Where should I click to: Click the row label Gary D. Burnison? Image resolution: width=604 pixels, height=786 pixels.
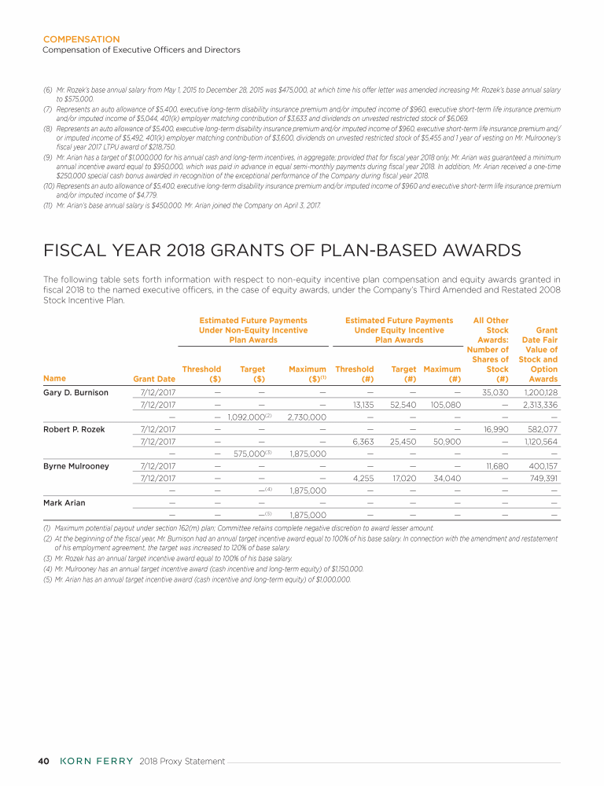pyautogui.click(x=75, y=391)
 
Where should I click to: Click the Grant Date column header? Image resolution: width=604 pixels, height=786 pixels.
pyautogui.click(x=154, y=378)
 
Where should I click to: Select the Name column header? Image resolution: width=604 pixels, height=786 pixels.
pyautogui.click(x=54, y=378)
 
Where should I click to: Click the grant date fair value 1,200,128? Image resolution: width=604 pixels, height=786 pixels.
pyautogui.click(x=540, y=391)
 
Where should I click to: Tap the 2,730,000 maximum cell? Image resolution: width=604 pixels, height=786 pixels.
pyautogui.click(x=308, y=417)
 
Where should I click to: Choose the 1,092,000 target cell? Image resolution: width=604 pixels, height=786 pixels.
pyautogui.click(x=246, y=417)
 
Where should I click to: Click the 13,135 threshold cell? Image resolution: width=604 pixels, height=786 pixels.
pyautogui.click(x=359, y=404)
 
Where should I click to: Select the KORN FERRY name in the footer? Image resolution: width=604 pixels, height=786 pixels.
pyautogui.click(x=96, y=761)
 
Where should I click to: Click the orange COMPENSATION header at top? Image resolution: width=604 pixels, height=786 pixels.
pyautogui.click(x=81, y=39)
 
